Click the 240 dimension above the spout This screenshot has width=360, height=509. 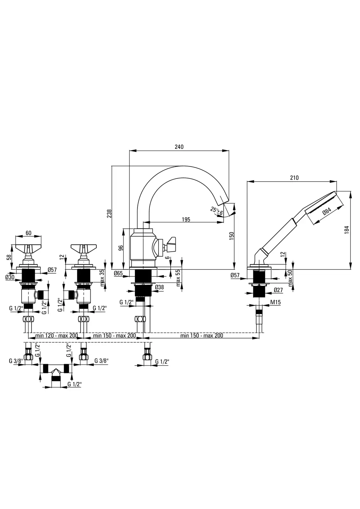click(x=179, y=147)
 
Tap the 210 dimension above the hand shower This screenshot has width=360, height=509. click(x=294, y=178)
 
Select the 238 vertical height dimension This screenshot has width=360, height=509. click(x=109, y=214)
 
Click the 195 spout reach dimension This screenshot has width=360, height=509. click(x=186, y=220)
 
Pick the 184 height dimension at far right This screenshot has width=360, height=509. click(x=347, y=230)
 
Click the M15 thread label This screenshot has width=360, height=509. click(x=276, y=302)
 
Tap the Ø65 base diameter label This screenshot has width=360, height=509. click(x=118, y=273)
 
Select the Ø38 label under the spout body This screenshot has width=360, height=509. click(x=159, y=287)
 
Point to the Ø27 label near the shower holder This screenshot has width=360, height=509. click(x=278, y=290)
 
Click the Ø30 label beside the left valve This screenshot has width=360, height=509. click(x=10, y=277)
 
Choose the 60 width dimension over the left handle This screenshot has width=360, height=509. click(x=28, y=233)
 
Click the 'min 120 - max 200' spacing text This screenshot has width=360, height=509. click(x=57, y=335)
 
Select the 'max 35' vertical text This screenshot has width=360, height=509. click(x=102, y=278)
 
